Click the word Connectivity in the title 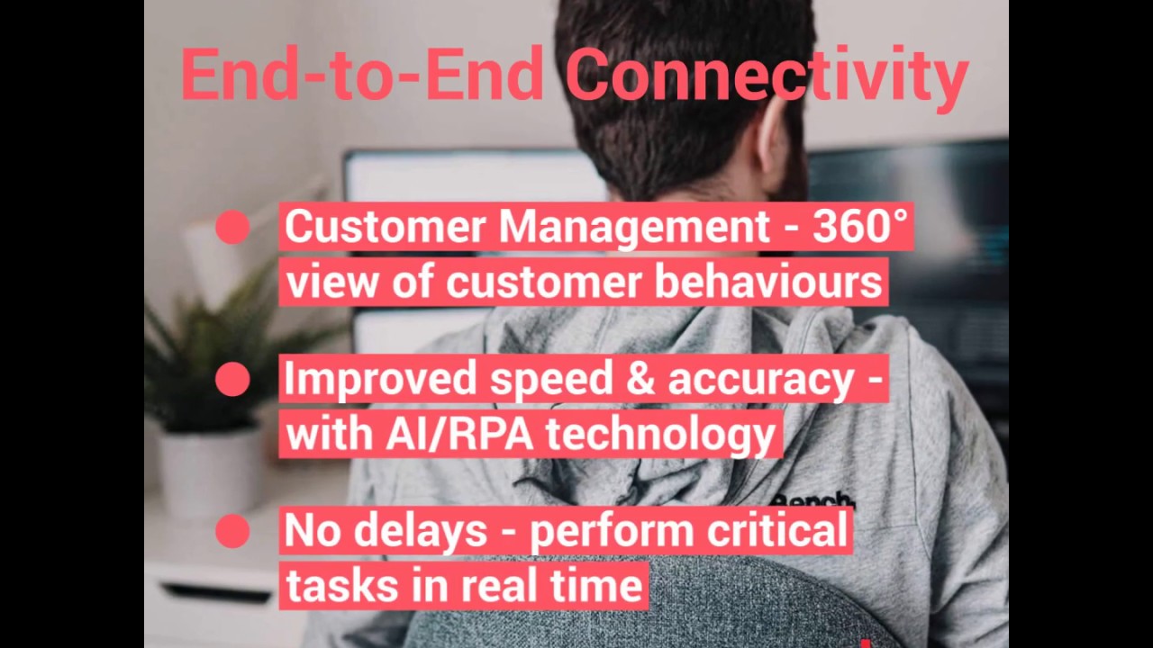pos(767,76)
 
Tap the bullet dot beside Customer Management pos(232,228)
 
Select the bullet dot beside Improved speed pos(232,380)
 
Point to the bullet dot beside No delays pos(232,531)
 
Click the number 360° pos(859,226)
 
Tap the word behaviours pos(767,283)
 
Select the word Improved pos(381,380)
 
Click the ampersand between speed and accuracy pos(640,380)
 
